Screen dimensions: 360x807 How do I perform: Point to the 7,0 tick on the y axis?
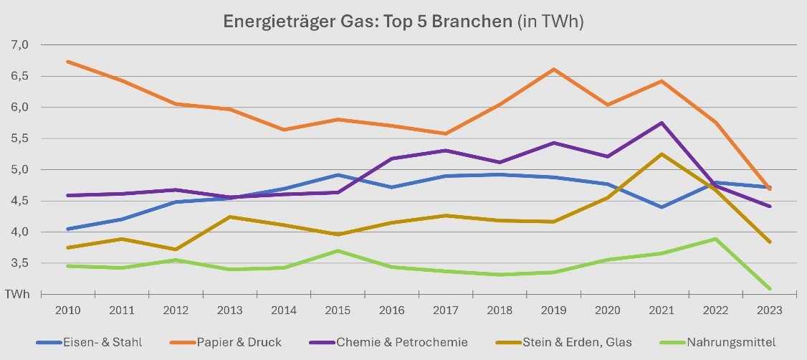(19, 45)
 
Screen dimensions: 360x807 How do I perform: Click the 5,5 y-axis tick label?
(19, 138)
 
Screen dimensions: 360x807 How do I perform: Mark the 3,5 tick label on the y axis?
(19, 263)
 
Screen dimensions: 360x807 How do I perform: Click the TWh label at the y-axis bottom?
(19, 294)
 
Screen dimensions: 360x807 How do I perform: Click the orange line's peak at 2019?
(553, 70)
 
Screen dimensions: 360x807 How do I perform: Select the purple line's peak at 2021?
(661, 123)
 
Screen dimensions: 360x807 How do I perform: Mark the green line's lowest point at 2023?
(769, 288)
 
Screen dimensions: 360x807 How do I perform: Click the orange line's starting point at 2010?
(67, 62)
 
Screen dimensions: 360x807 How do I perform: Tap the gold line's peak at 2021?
(661, 154)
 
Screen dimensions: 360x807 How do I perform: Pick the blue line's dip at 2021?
(661, 207)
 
